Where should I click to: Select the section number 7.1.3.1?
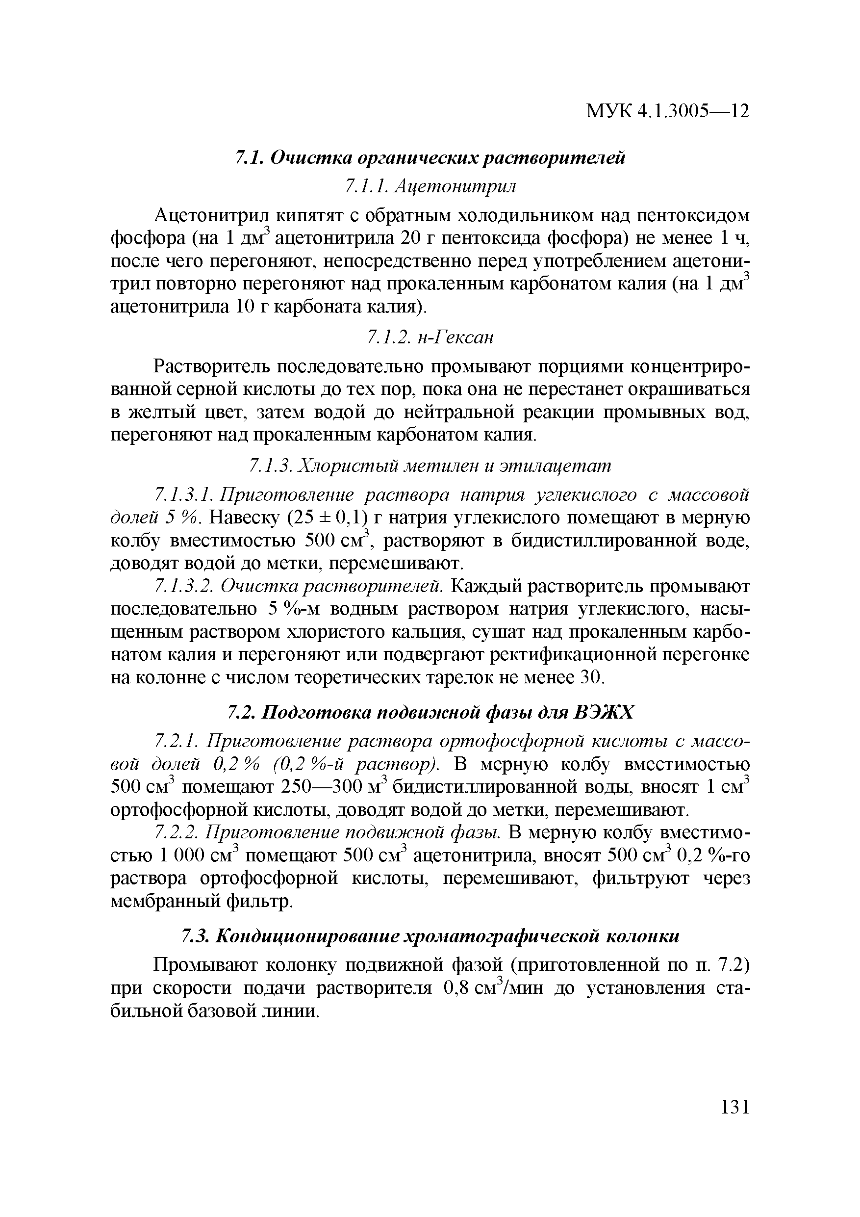pos(183,495)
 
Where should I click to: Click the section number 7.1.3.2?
pos(183,586)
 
